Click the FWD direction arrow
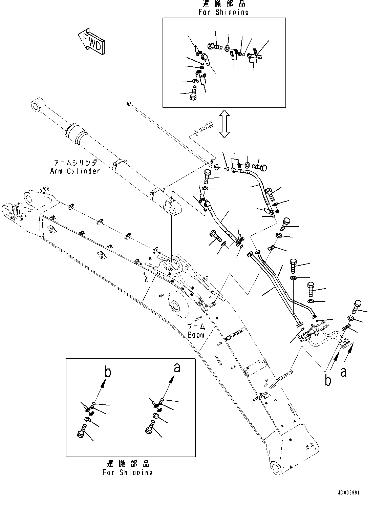click(91, 42)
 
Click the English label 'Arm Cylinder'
click(75, 171)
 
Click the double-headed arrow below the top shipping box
click(224, 124)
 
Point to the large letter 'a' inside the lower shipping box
click(177, 367)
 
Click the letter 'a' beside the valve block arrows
click(343, 372)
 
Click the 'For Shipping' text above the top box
click(223, 12)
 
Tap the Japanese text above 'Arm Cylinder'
click(75, 163)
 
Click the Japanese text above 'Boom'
click(196, 327)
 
